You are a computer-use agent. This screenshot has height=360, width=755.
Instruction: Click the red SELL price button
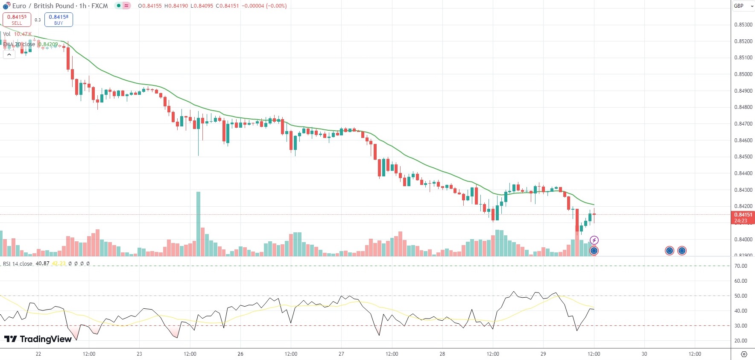coord(17,20)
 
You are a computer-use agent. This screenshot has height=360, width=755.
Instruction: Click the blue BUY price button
coord(59,20)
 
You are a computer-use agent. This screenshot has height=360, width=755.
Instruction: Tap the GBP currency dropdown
coord(743,6)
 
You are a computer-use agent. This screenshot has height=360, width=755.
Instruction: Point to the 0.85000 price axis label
coord(743,74)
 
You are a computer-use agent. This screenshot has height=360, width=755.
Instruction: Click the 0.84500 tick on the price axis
coord(743,157)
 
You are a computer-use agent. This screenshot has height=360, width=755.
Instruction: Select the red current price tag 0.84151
coord(743,215)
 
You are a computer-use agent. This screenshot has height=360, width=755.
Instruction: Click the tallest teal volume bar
coord(198,223)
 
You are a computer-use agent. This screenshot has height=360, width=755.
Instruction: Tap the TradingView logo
coord(38,339)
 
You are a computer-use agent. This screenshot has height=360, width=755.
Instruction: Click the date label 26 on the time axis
coord(240,354)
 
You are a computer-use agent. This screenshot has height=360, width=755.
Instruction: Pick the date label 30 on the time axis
coord(644,354)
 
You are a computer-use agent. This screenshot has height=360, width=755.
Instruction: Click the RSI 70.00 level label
coord(741,266)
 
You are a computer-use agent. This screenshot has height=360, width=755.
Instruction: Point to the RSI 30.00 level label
coord(741,326)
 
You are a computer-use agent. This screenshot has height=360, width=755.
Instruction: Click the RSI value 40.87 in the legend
coord(42,263)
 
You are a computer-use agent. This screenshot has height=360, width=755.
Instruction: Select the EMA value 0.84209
coord(48,44)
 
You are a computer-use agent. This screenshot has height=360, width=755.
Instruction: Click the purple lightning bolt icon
coord(594,240)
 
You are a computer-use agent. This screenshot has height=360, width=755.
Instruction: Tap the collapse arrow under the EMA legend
coord(9,54)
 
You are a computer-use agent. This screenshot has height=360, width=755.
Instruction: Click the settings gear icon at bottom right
coord(744,354)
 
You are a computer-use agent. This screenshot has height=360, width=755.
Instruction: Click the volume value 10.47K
coord(23,34)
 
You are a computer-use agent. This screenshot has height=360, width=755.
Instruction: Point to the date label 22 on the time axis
coord(38,354)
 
